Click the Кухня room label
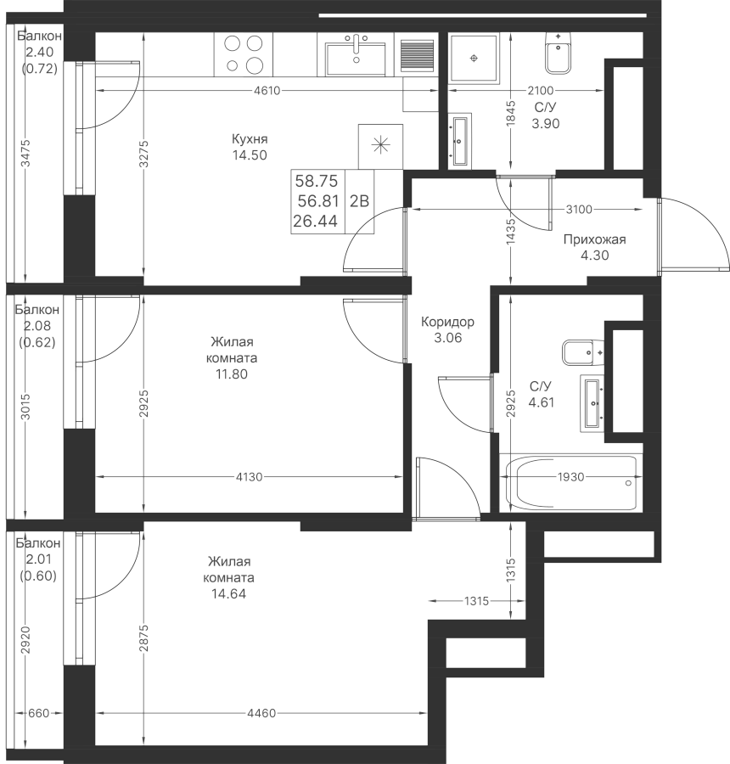pos(250,139)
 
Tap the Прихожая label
pos(594,239)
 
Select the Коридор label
pos(447,322)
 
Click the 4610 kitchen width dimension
pos(267,91)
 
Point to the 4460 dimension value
pos(261,713)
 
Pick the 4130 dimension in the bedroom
pos(250,477)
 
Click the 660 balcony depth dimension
pos(38,713)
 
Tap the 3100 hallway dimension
pos(579,210)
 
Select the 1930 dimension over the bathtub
pos(570,476)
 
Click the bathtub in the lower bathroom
pos(571,483)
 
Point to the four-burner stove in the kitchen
pos(243,54)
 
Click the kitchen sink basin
pos(356,59)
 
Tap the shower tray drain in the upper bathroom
pos(474,59)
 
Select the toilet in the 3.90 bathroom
pos(558,53)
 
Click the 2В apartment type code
pos(359,200)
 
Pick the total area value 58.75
pos(317,182)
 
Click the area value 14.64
pos(228,593)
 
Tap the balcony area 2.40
pos(40,52)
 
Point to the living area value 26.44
pos(315,222)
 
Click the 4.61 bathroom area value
pos(541,402)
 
